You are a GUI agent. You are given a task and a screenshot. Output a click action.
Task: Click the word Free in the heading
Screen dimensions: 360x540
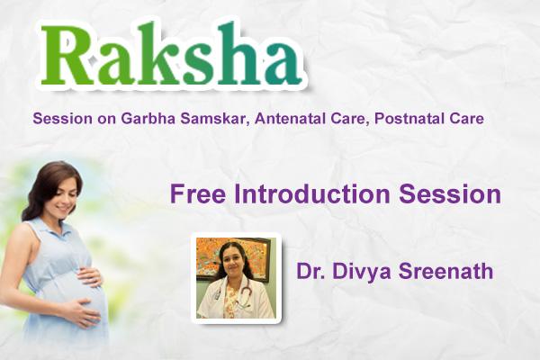(194, 194)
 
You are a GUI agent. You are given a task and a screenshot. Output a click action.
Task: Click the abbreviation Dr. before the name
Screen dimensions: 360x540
(308, 271)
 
